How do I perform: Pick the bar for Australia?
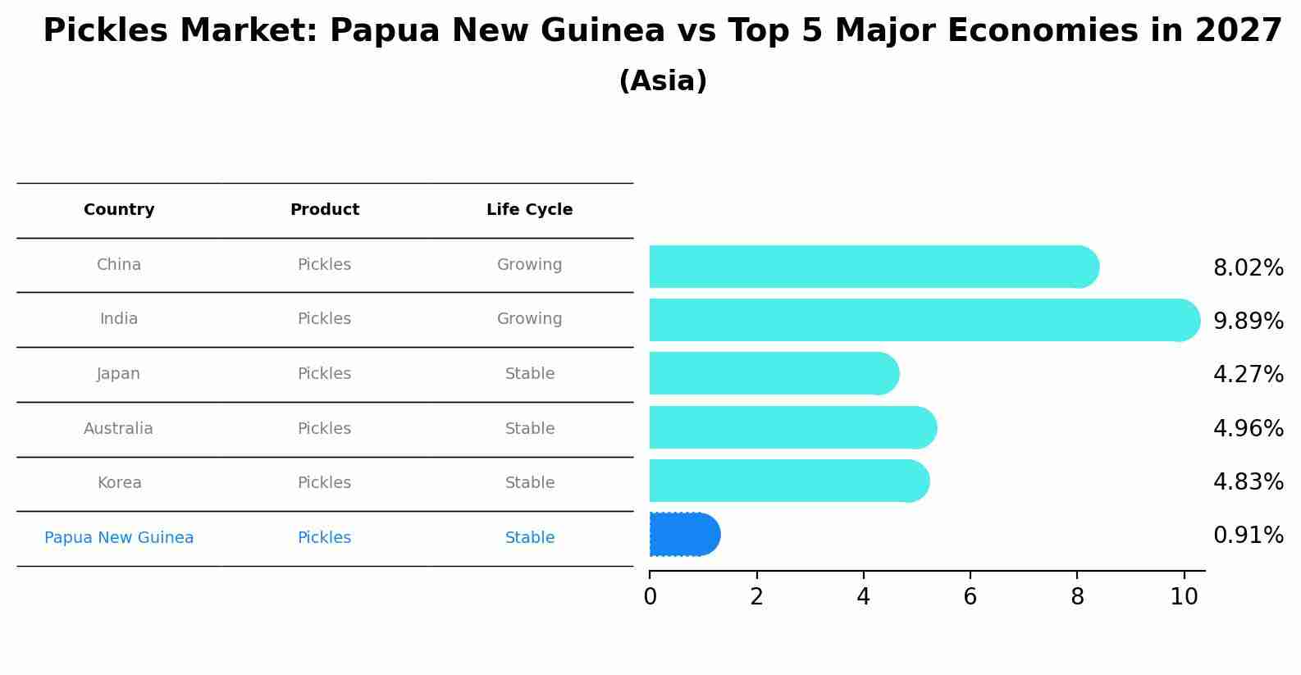792,427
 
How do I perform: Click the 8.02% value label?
1248,268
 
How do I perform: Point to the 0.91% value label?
1248,536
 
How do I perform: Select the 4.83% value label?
1248,482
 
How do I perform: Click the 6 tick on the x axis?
970,597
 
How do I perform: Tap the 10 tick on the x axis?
1184,597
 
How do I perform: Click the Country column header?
119,210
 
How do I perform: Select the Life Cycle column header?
529,210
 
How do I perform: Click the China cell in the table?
119,265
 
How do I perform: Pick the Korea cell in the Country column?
119,483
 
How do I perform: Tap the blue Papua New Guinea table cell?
119,538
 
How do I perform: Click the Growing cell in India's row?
529,319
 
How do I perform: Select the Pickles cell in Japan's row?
324,374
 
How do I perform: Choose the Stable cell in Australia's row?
529,429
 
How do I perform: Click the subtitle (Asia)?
663,81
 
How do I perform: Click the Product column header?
324,210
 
